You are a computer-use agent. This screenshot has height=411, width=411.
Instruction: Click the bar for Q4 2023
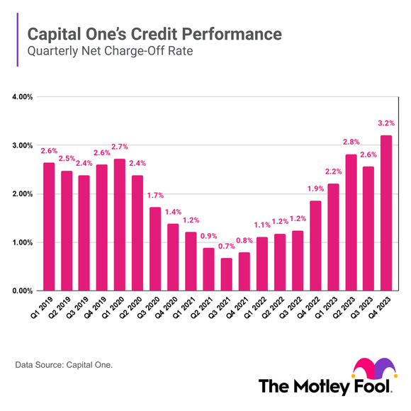coord(386,213)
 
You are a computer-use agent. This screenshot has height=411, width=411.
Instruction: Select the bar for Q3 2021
coord(226,274)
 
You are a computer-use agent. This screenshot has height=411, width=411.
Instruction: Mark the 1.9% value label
coord(315,188)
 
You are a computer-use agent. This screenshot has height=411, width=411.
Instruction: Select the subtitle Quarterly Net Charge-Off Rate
coord(104,52)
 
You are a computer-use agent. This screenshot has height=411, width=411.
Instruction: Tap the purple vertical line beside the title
coord(17,42)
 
